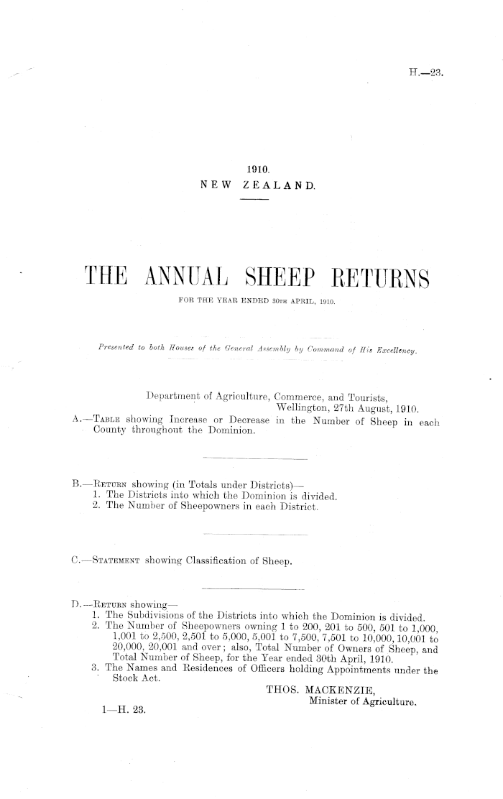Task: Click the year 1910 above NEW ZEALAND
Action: (x=257, y=170)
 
